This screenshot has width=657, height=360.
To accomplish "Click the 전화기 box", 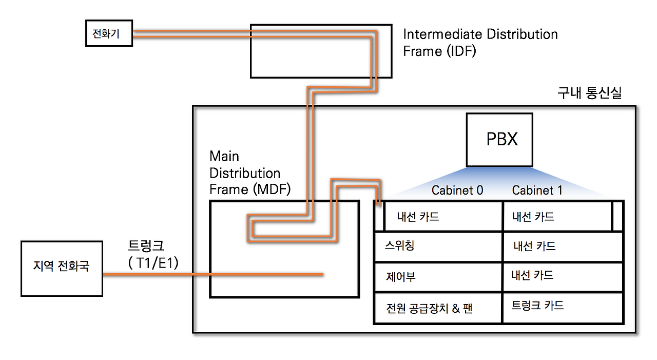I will pos(109,34).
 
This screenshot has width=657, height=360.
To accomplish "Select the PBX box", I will pos(499,140).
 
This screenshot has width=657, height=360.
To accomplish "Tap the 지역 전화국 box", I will pos(62,268).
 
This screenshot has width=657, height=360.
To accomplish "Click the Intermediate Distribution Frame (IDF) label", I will pos(480,43).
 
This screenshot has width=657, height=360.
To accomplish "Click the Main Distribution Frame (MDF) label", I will pos(250,173).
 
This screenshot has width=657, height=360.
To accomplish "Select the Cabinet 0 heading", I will pos(457,191).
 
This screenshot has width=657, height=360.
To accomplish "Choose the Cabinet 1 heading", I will pos(537,191).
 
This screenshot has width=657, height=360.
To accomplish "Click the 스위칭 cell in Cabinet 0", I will pos(438,247).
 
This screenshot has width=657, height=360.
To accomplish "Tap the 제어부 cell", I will pos(438,277).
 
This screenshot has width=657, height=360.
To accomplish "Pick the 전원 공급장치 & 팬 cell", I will pos(438,308).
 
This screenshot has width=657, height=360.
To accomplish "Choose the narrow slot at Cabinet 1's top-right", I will pos(618,216).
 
